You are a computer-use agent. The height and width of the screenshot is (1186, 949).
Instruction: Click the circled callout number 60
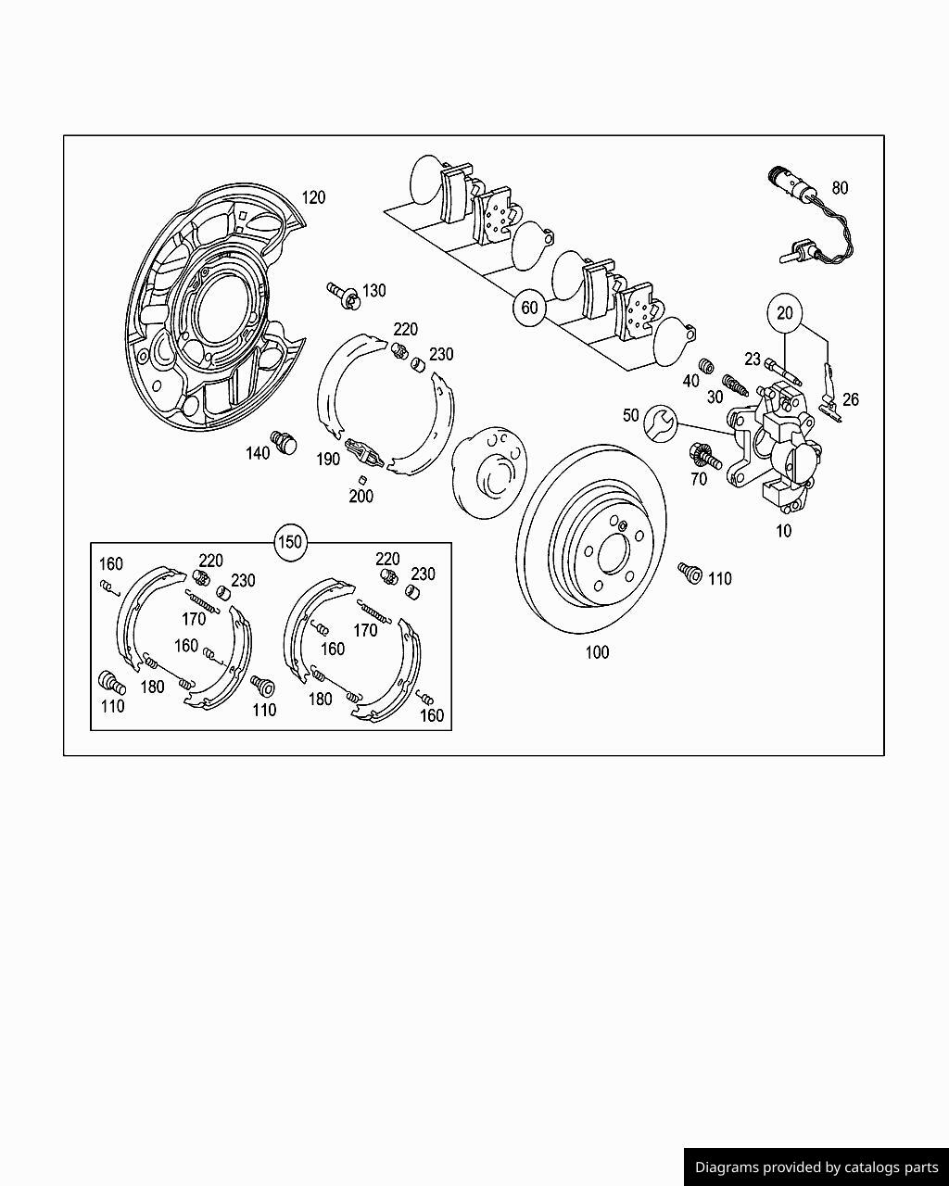tap(529, 308)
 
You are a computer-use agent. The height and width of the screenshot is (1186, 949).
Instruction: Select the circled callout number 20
tap(785, 313)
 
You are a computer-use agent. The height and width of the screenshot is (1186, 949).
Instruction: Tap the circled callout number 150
tap(291, 542)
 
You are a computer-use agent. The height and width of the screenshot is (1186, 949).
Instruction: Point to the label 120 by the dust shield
tap(313, 197)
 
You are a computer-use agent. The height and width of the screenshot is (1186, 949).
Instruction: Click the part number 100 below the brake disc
tap(597, 652)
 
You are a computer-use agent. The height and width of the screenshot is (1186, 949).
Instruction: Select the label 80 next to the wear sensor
tap(839, 188)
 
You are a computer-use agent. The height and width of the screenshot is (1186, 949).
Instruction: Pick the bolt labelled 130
tap(342, 293)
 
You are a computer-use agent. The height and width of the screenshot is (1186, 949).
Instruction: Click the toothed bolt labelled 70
tap(702, 456)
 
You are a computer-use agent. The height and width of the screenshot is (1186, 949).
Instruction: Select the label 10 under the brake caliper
tap(783, 532)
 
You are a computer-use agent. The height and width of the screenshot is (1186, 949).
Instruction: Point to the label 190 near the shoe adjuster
tap(328, 459)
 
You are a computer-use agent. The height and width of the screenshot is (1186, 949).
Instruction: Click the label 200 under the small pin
tap(361, 497)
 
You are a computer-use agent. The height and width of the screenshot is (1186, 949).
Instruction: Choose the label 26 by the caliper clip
tap(850, 399)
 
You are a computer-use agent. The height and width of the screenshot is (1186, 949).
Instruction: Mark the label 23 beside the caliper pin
tap(753, 360)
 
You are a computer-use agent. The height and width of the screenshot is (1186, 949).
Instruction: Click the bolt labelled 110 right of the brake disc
tap(689, 573)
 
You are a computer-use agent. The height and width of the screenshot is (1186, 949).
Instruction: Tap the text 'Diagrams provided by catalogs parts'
tap(816, 1167)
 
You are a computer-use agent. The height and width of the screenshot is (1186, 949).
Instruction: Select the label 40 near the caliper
tap(690, 381)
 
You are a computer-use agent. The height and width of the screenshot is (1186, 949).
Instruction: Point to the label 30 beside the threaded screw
tap(715, 397)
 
